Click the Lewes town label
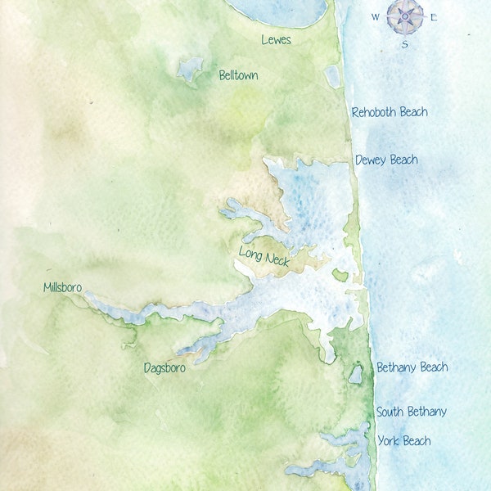[276, 39]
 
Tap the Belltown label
[238, 75]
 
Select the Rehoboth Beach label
[390, 112]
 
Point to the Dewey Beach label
[386, 160]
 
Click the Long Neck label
[264, 256]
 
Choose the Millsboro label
[68, 287]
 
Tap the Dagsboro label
[164, 368]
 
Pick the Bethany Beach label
[412, 367]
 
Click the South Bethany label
[412, 412]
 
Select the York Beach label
[404, 441]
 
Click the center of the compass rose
[405, 16]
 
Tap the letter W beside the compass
[376, 16]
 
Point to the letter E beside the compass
[435, 16]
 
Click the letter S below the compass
[404, 44]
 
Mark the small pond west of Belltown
[190, 69]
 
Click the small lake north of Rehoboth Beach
[332, 76]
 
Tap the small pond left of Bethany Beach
[355, 375]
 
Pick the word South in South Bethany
[392, 412]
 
